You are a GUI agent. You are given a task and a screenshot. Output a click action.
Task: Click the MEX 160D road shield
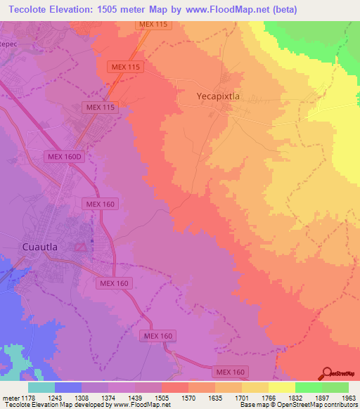65,158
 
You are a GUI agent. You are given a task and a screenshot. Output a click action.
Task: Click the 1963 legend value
349,397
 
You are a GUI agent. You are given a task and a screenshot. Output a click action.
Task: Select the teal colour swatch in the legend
41,387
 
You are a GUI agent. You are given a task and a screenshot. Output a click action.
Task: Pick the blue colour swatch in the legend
68,387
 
